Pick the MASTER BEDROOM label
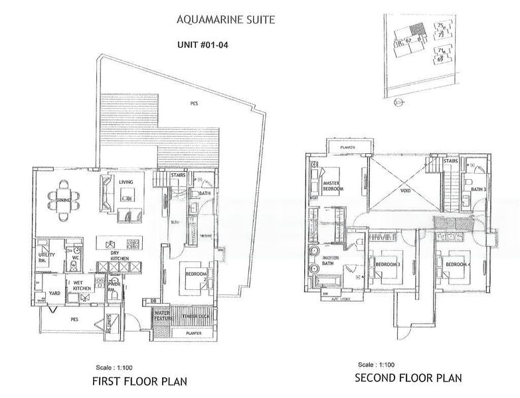[332, 186]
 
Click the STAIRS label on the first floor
[177, 176]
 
